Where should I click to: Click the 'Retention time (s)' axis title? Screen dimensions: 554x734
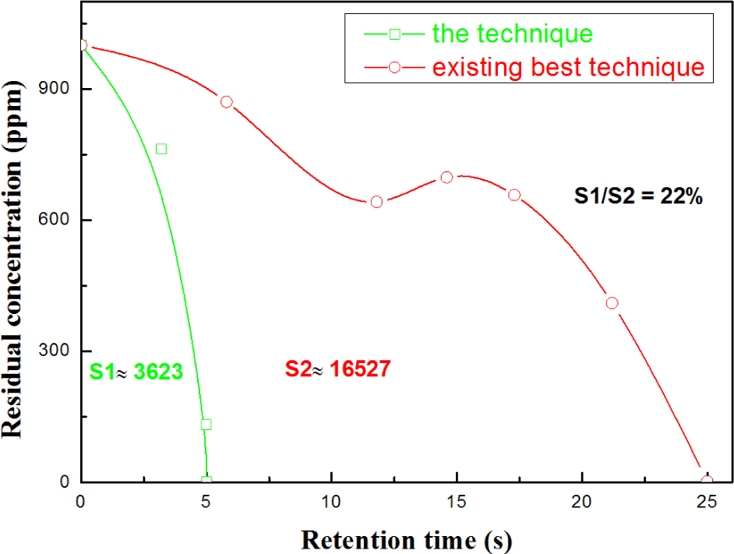(x=406, y=538)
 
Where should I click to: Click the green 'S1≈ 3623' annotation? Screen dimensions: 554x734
(x=136, y=372)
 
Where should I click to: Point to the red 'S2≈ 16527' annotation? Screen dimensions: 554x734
(x=336, y=369)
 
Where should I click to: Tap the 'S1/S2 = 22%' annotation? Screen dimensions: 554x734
(x=639, y=197)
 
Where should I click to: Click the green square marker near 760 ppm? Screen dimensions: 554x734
(x=161, y=149)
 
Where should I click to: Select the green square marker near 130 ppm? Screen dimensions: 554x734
(x=206, y=425)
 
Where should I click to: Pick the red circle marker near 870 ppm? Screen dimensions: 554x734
(x=226, y=102)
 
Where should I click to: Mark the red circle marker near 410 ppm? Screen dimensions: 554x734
(x=612, y=303)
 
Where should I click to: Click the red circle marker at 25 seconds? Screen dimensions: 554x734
(x=707, y=482)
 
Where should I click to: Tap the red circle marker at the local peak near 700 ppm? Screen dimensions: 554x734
(x=446, y=178)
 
